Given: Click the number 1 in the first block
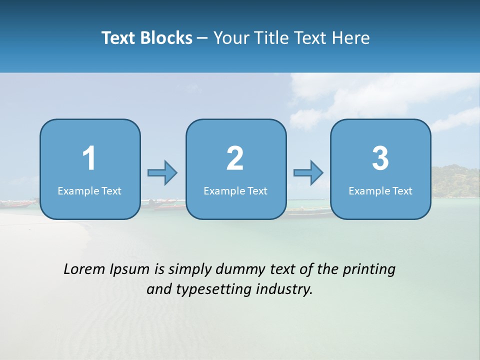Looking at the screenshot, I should tap(89, 158).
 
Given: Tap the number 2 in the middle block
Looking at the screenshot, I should tap(235, 158).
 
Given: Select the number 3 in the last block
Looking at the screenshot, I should tap(380, 158).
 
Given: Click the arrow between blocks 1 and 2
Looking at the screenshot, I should tap(162, 173).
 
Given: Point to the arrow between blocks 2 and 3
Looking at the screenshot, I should tap(308, 173).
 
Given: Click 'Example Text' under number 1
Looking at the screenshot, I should tap(89, 190).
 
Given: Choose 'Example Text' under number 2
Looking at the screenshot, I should tap(235, 190).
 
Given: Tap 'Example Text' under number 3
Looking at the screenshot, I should tap(380, 190).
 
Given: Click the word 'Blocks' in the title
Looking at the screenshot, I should tap(166, 37).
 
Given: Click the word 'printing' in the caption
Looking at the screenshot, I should tap(368, 270).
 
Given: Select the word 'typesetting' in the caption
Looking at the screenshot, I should tap(213, 289).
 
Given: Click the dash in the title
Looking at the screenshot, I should tap(203, 38).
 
